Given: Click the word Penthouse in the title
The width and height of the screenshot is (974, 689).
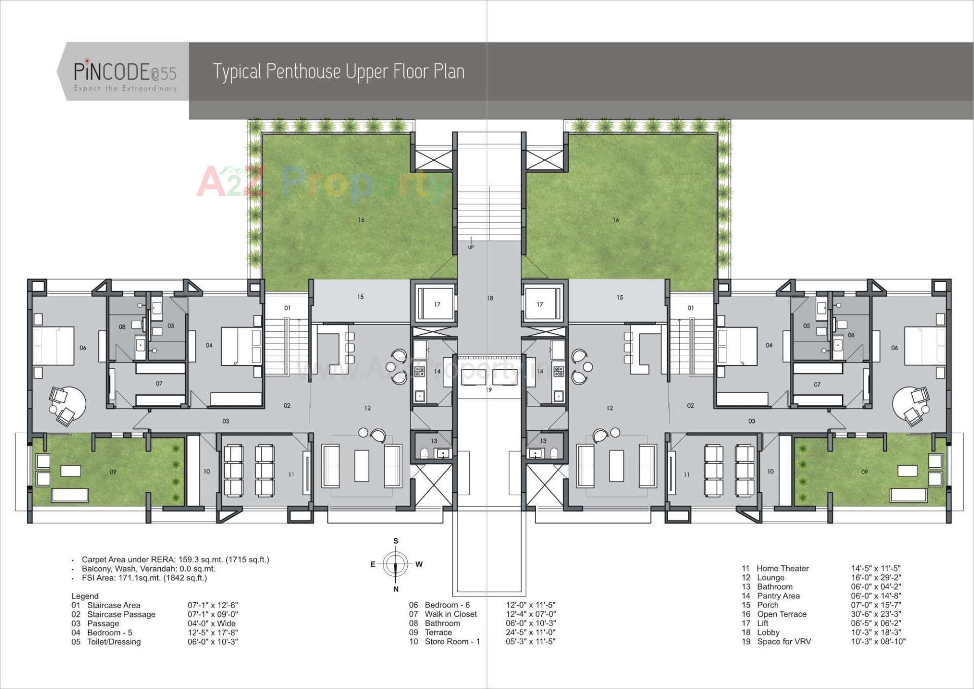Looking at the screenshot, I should [x=303, y=72].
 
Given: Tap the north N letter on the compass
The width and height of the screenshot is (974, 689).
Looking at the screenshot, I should [x=396, y=589].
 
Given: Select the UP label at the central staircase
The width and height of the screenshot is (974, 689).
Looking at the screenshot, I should [x=471, y=247].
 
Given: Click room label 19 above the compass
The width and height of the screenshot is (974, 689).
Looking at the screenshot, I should [x=489, y=390].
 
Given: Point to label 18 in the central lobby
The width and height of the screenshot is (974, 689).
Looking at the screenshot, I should [x=490, y=298].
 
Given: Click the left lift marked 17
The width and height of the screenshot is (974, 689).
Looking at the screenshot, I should [x=437, y=304].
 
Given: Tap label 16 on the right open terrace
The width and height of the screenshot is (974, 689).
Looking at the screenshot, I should [x=615, y=220].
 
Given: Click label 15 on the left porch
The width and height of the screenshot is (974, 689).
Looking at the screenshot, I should [x=360, y=297].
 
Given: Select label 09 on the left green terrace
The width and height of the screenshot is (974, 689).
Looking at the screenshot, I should [x=113, y=472].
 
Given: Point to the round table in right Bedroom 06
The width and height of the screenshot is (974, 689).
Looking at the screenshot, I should [x=911, y=404].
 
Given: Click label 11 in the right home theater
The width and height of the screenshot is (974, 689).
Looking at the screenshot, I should [x=686, y=475].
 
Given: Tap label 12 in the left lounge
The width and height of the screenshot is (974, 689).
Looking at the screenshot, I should [x=367, y=408].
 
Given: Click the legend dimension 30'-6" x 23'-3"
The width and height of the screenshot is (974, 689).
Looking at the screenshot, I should [x=876, y=614].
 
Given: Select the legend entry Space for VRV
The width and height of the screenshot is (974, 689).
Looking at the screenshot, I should [x=784, y=641].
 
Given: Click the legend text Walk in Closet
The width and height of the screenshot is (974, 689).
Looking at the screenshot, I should [x=450, y=614].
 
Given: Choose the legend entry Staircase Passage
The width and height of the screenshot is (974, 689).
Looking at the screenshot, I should [x=121, y=614].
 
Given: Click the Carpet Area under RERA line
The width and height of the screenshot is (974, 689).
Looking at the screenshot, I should [x=175, y=560].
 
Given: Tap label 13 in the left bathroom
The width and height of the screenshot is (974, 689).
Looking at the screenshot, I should [x=434, y=441].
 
